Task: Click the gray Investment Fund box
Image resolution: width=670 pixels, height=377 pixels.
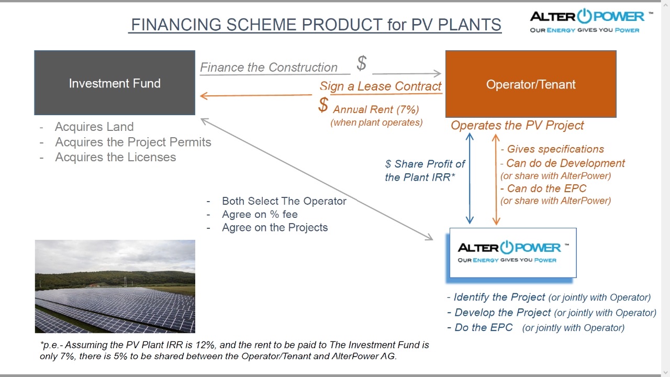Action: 115,83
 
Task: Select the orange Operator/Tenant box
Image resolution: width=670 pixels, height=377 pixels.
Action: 531,84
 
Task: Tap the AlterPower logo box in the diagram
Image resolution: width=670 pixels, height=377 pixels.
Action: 513,253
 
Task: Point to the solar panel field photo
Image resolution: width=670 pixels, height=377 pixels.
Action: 115,286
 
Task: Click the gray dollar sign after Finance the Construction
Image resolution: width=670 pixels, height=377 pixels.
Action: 362,63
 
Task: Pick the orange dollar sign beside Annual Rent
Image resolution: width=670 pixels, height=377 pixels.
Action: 323,105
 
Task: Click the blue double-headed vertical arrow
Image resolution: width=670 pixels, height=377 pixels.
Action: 470,179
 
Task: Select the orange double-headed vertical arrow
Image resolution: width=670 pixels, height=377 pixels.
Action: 496,179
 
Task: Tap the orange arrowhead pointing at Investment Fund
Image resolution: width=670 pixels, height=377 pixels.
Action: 204,96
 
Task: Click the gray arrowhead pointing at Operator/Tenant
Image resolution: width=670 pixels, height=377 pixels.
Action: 437,73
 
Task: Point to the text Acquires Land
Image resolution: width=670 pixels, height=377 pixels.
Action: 94,127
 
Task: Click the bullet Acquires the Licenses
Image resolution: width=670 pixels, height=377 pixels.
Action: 116,158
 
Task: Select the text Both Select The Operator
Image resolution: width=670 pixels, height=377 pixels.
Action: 284,201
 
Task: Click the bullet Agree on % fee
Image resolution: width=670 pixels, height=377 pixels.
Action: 260,214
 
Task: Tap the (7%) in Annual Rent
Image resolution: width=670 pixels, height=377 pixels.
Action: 408,109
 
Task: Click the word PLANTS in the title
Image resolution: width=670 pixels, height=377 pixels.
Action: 470,25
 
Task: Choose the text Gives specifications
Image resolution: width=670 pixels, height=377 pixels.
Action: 555,149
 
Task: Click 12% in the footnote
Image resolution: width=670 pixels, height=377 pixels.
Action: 205,345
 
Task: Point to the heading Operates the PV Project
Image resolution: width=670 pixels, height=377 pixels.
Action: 518,126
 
